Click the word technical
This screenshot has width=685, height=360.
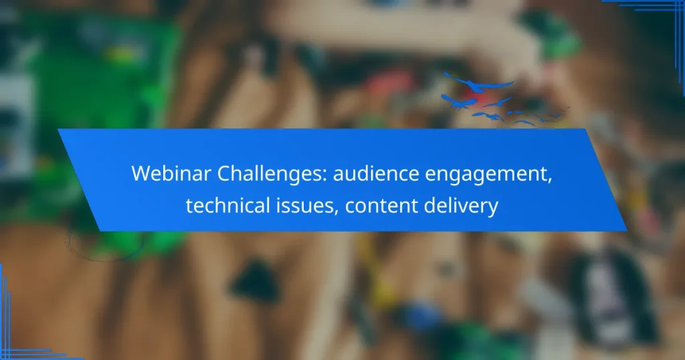coord(223,205)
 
